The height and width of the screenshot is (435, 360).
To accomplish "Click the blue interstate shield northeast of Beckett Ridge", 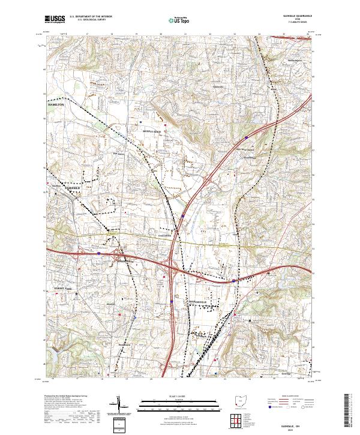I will [x=247, y=137].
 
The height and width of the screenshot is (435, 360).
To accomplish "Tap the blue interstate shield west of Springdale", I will [x=100, y=254].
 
